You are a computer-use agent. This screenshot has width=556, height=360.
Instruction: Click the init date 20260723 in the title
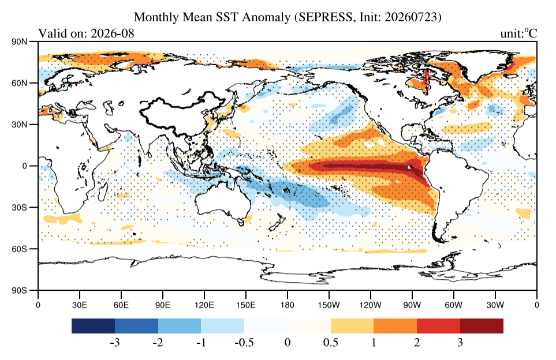pos(411,17)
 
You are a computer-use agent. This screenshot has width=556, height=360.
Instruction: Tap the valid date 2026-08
pos(113,33)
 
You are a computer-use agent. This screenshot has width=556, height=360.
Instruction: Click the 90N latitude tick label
pos(20,42)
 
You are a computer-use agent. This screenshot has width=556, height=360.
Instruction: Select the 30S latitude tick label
pos(20,207)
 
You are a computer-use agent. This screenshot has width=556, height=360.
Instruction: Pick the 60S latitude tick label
pos(20,249)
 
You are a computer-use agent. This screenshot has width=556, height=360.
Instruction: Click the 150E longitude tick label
pos(245,305)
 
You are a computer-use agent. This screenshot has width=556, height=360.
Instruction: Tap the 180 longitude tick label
pos(287,305)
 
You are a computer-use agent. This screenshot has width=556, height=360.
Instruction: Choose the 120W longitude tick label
pos(371,305)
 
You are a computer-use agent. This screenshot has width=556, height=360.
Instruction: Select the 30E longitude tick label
pos(80,305)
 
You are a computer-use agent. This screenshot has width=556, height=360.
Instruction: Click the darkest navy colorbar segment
pos(94,326)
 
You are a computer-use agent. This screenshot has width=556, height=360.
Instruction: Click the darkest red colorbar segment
pos(482,326)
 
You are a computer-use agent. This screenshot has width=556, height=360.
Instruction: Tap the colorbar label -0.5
pos(244,343)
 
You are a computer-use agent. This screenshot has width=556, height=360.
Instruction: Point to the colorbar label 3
pos(460,343)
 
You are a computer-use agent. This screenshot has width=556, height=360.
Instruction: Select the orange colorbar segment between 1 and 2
pos(395,326)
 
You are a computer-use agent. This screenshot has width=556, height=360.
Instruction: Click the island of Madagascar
pos(103,189)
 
